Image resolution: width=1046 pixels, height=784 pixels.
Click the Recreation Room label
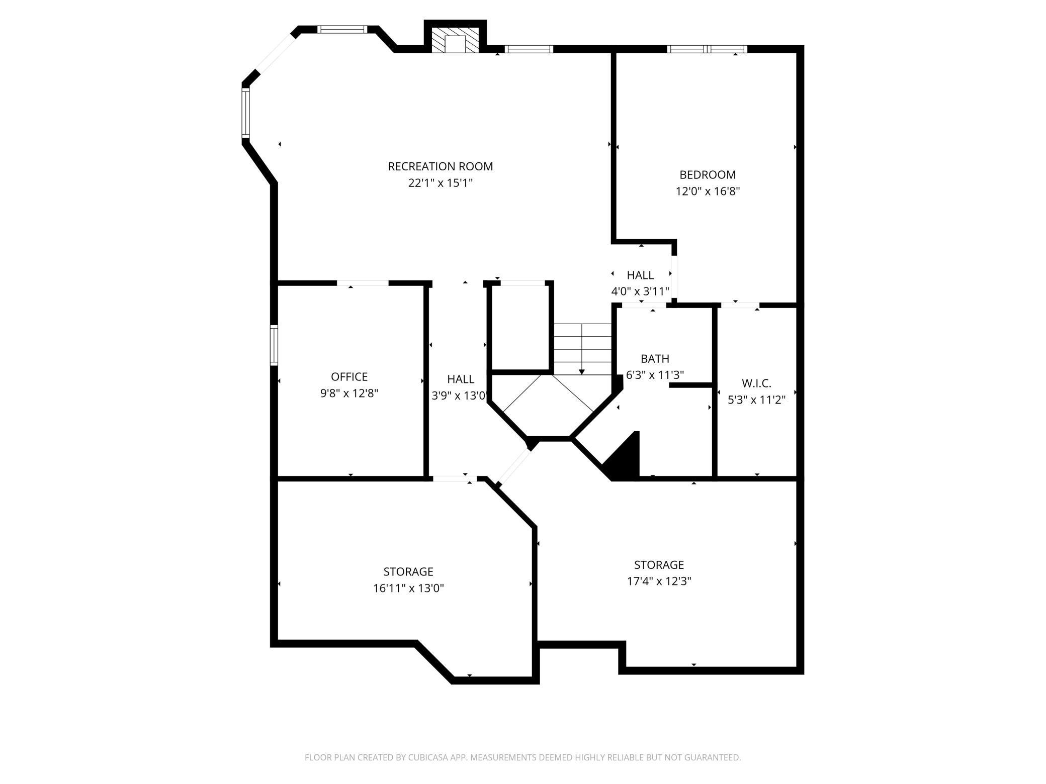point(440,166)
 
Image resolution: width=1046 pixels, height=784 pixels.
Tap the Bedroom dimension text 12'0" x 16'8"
point(708,191)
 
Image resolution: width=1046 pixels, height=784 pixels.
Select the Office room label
point(349,376)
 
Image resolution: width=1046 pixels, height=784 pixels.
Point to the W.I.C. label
point(756,383)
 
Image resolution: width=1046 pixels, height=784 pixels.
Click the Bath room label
point(655,359)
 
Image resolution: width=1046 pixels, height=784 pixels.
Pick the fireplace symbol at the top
point(456,39)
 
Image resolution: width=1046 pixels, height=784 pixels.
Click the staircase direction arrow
point(582,349)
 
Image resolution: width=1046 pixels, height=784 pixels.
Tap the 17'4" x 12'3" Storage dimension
point(659,581)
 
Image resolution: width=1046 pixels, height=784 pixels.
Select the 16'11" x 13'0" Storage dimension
point(408,589)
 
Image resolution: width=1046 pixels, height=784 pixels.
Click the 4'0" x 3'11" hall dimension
point(640,291)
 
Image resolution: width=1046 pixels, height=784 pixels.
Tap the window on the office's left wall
point(274,345)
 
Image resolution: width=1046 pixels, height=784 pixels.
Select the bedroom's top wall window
point(707,49)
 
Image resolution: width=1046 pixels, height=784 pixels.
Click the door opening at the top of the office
point(363,283)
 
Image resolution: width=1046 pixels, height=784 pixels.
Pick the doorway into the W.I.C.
point(739,305)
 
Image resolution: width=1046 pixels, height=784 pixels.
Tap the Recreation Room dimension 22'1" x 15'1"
point(441,183)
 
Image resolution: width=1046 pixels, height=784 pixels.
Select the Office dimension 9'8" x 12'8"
point(349,393)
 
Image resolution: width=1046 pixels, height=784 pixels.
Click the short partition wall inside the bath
point(691,385)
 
